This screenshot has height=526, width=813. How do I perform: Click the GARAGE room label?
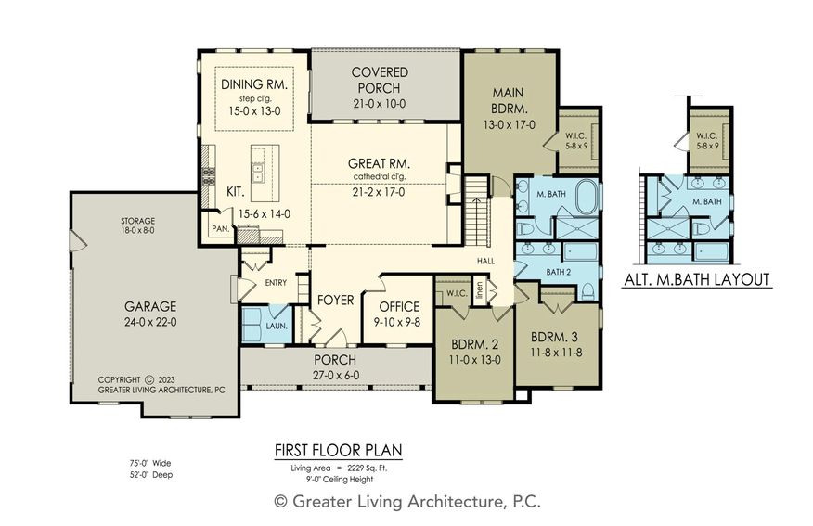150,306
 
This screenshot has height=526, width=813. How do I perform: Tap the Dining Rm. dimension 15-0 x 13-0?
254,110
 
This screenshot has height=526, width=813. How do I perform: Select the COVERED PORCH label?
379,80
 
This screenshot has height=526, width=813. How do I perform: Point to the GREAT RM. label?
379,164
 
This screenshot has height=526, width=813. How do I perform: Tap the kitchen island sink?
257,173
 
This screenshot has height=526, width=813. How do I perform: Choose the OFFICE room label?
399,307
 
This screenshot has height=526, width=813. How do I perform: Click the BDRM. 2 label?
474,344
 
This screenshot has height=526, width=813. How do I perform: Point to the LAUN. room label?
277,327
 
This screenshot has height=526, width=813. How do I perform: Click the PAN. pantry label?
220,228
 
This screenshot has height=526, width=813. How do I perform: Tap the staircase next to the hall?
476,211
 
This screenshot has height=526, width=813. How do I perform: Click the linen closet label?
479,289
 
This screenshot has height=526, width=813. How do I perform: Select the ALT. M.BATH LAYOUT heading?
697,280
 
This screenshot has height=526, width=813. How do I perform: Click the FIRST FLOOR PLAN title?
338,450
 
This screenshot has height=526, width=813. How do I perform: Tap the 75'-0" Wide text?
150,463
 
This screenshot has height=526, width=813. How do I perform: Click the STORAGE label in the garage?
137,221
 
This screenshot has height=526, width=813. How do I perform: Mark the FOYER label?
335,300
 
